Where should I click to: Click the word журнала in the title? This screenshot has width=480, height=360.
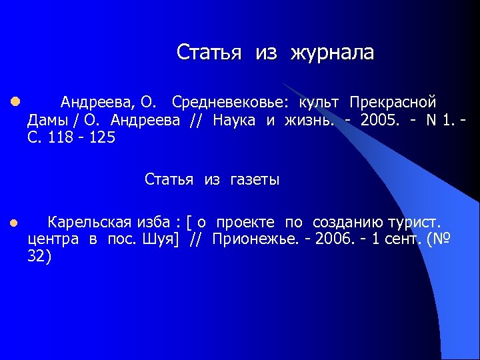(332, 53)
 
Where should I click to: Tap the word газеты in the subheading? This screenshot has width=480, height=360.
(255, 179)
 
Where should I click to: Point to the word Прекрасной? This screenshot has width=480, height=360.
(393, 103)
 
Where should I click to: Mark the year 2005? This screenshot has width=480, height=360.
(377, 120)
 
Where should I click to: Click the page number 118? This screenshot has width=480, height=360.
(59, 137)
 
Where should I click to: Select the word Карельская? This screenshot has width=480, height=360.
(93, 222)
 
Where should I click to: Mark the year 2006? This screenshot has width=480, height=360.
(330, 239)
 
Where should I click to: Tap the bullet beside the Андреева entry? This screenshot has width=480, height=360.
(14, 103)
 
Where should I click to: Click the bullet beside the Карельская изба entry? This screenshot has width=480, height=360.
(14, 223)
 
